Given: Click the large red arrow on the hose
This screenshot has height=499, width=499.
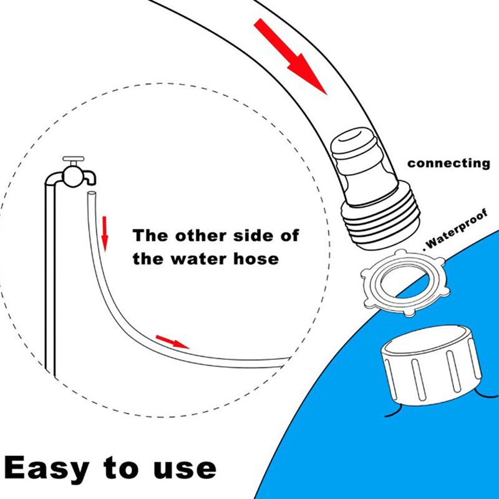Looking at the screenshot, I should [291, 56].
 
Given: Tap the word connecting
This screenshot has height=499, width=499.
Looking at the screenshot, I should [448, 163].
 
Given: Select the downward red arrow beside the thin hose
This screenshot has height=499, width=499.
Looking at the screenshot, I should [105, 233].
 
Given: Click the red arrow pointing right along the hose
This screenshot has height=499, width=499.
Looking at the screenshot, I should [172, 341].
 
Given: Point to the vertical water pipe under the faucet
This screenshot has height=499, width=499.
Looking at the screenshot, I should [51, 281].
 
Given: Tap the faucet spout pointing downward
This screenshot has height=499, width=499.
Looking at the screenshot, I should [92, 179].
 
